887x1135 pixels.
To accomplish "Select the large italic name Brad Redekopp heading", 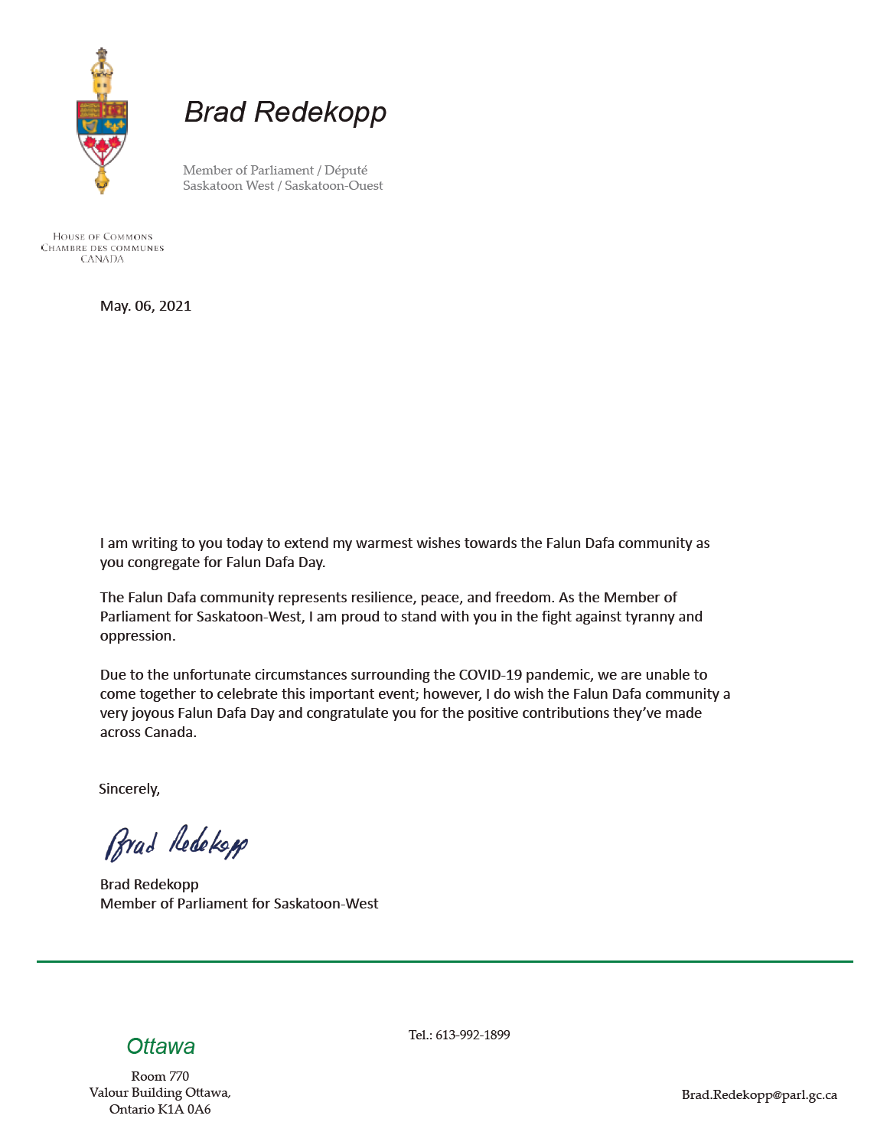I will (x=285, y=112).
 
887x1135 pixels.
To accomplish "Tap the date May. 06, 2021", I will (x=145, y=306).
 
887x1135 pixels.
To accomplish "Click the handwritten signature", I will (x=176, y=843).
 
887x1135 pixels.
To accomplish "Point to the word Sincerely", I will (x=129, y=789).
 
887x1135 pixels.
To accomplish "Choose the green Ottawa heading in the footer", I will (x=161, y=1046).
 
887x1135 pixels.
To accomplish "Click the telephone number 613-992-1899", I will (x=472, y=1035).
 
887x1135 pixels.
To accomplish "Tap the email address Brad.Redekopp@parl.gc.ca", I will (x=759, y=1095).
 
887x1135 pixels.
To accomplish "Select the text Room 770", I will (x=160, y=1076).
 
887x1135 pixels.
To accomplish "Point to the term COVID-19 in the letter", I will (x=490, y=675).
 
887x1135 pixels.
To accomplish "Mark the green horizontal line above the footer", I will (x=444, y=961).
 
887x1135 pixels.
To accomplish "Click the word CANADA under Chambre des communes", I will (x=102, y=259).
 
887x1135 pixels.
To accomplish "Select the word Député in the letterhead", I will (x=346, y=170).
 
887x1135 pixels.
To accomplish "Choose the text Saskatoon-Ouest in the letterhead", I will (x=334, y=185).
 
